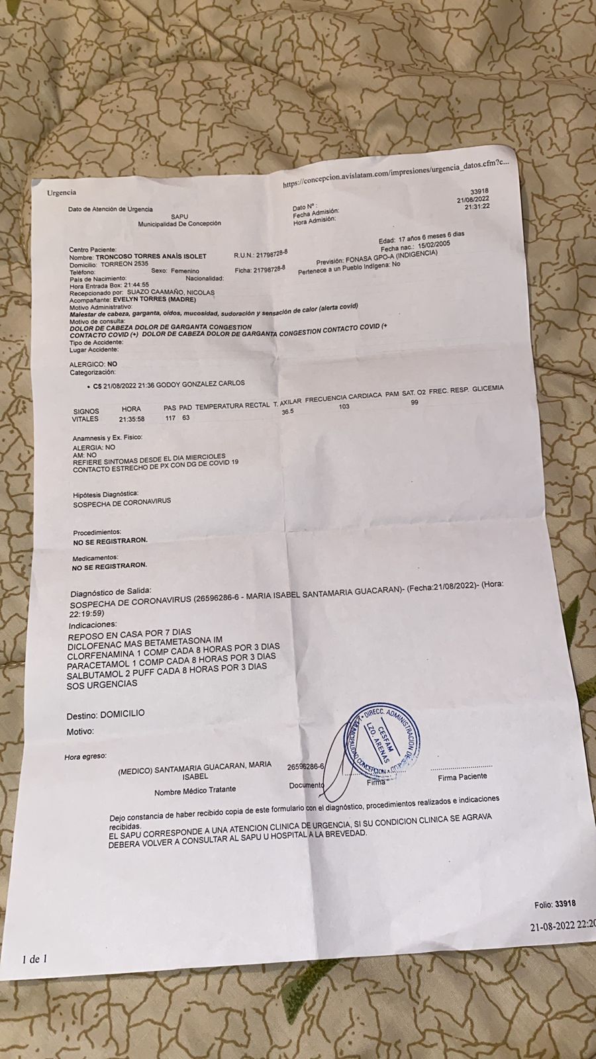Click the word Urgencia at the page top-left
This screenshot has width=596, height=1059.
tap(61, 193)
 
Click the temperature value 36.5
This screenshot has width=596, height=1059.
tap(287, 412)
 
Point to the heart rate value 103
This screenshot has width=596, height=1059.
tap(344, 406)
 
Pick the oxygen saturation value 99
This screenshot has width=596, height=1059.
tap(415, 402)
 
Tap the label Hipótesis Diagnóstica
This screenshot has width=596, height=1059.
tap(105, 494)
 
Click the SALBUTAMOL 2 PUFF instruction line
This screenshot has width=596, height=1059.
tap(167, 667)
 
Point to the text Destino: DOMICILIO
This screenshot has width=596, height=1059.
tap(105, 715)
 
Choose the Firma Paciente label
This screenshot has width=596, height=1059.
tap(462, 776)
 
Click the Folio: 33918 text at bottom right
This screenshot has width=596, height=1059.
tap(554, 903)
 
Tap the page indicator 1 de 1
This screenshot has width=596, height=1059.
tap(34, 958)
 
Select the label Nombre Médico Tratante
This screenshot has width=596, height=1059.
tap(195, 790)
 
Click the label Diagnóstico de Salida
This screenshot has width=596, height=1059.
tap(111, 591)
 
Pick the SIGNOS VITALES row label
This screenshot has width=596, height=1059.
tap(86, 415)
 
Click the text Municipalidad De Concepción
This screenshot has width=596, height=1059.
tap(179, 224)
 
